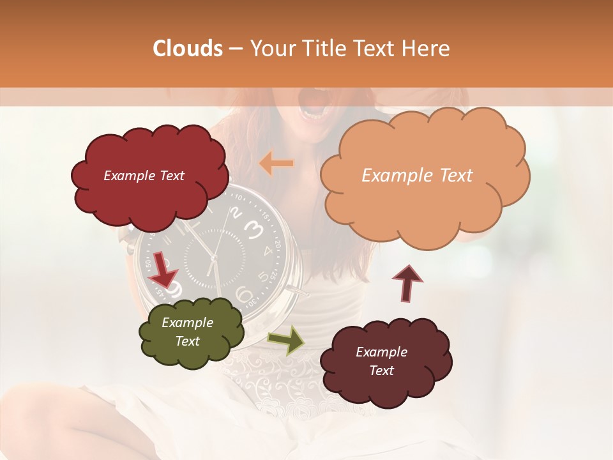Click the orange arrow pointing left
pyautogui.click(x=276, y=164)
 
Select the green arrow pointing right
pyautogui.click(x=286, y=339)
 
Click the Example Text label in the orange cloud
pyautogui.click(x=417, y=175)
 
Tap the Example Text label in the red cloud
pyautogui.click(x=144, y=176)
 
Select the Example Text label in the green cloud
pyautogui.click(x=187, y=332)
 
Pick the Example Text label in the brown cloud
pyautogui.click(x=381, y=361)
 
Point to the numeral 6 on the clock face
pyautogui.click(x=244, y=295)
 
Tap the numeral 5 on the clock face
pyautogui.click(x=263, y=277)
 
